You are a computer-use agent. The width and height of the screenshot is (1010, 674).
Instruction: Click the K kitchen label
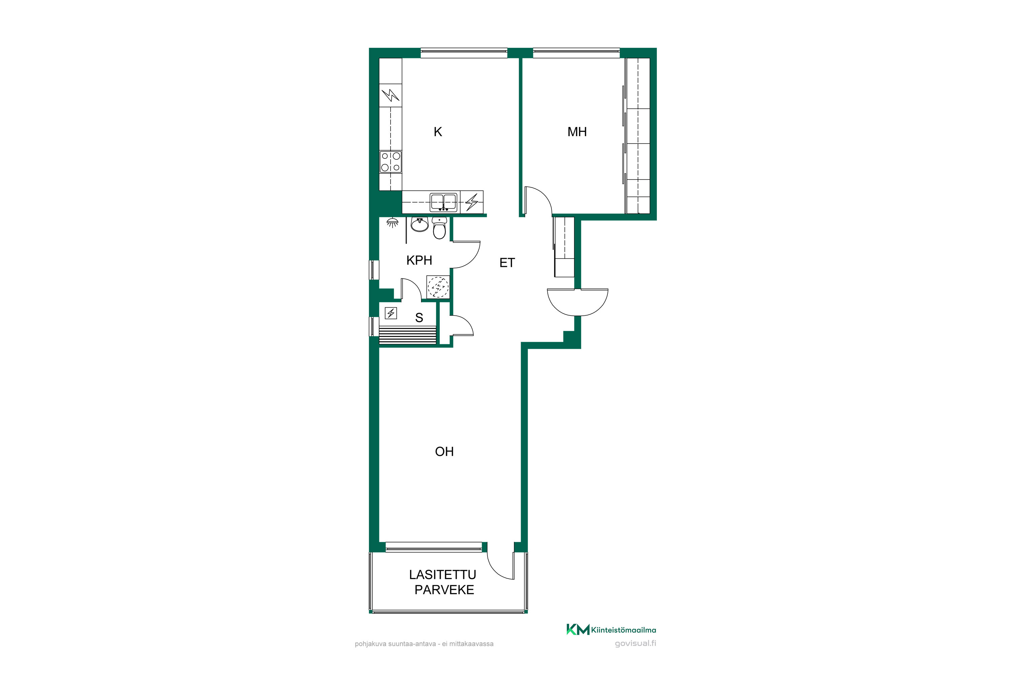438,132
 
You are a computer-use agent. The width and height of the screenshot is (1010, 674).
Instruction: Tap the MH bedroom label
577,132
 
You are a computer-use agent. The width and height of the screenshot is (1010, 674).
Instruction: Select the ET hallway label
507,263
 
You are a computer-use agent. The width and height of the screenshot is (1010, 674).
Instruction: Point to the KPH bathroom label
419,260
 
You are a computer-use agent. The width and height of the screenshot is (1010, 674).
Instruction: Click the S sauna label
419,318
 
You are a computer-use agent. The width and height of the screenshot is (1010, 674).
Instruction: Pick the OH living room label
444,451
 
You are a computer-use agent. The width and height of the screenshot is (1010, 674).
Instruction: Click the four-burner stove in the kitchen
390,162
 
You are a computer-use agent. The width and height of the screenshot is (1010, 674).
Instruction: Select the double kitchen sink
443,202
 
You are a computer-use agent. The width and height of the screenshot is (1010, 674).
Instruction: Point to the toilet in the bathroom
439,228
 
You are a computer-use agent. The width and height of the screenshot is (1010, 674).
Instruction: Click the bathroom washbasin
419,224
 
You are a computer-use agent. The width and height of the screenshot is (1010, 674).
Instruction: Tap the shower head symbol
392,222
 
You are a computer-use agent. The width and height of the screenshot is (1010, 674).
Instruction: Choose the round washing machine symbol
438,287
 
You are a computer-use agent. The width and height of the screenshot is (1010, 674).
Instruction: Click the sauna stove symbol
391,313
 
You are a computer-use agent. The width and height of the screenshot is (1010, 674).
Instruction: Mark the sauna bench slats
407,335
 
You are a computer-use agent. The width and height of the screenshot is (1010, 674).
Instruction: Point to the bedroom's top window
576,53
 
